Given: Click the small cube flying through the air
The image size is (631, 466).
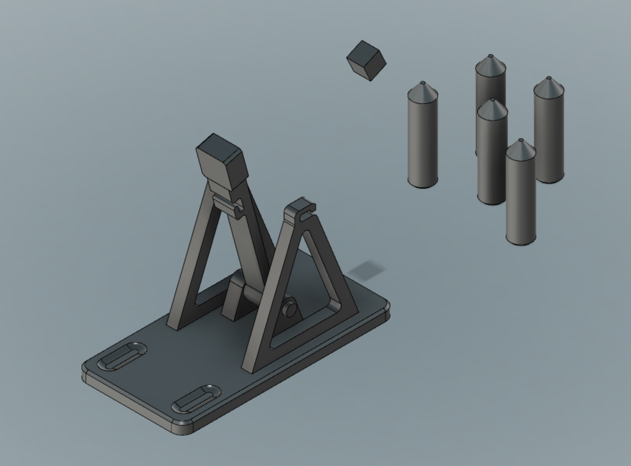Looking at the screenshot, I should tap(366, 61).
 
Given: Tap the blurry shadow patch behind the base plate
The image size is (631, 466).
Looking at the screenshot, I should tap(367, 269).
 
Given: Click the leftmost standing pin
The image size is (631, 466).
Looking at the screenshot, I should tap(423, 139).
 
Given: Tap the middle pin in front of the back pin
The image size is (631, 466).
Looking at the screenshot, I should tap(492, 156).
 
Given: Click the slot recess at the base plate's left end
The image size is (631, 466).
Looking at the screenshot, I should tap(122, 356).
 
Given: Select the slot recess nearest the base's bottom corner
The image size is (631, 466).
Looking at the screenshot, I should tap(196, 399).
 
